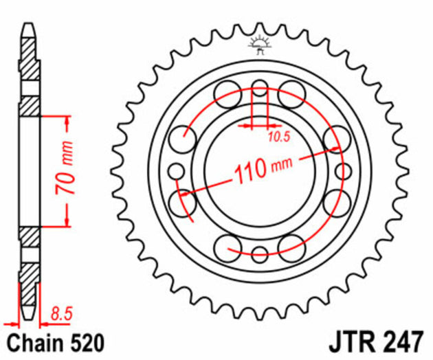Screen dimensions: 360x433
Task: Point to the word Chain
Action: tap(32, 341)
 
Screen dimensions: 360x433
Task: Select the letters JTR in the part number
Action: tap(355, 341)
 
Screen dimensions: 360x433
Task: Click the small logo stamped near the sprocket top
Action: tap(260, 43)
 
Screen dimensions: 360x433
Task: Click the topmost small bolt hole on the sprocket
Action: tap(260, 88)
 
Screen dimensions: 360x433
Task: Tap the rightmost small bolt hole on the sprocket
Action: tap(342, 170)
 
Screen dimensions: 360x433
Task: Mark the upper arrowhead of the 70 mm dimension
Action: tap(67, 122)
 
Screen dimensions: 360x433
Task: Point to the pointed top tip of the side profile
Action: tap(28, 25)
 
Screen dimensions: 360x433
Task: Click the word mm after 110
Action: tap(282, 164)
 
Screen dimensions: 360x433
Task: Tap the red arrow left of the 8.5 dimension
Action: tap(10, 322)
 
